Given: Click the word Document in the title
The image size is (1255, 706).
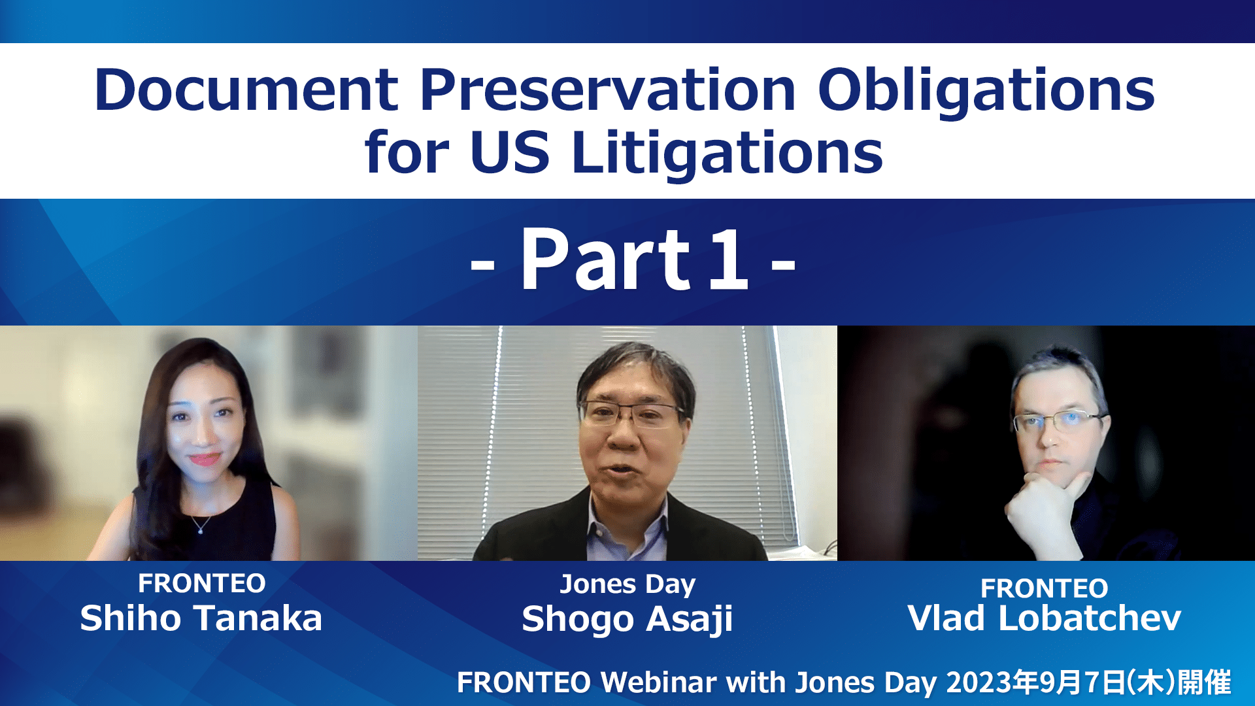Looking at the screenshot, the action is [x=246, y=90].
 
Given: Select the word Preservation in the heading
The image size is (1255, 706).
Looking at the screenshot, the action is [x=608, y=90].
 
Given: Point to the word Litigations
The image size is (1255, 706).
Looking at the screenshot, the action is [x=728, y=154].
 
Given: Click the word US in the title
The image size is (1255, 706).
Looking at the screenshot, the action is [x=510, y=152].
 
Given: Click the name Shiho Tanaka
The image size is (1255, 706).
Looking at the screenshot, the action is [x=201, y=618].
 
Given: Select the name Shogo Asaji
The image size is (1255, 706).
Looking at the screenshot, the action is [x=627, y=620].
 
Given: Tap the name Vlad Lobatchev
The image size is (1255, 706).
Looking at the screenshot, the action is [x=1045, y=618].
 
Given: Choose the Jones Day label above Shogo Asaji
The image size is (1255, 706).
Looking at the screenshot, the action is [x=627, y=584].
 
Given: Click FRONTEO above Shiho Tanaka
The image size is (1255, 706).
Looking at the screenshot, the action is [x=202, y=583].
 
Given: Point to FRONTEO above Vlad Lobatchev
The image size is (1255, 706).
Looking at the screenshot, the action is [x=1045, y=588].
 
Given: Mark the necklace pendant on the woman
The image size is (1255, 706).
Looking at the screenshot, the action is [x=201, y=529].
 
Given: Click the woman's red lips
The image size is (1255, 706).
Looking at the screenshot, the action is [x=205, y=459].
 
